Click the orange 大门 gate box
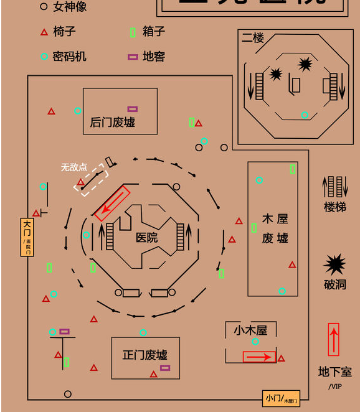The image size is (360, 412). click(x=27, y=236)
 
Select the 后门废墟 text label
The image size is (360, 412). click(x=112, y=122)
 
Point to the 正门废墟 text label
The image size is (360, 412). click(x=144, y=355)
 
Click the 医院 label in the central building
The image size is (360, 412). click(x=147, y=238)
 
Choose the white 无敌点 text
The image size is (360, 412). click(x=73, y=167)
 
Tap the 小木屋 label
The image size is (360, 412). click(x=250, y=330)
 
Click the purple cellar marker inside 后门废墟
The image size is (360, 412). click(x=133, y=109)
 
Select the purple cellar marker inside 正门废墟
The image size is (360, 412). click(x=165, y=368)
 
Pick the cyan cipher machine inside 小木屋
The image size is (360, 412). click(x=255, y=342)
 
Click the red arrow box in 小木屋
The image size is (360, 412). click(x=259, y=357)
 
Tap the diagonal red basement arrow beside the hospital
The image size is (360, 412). click(x=112, y=203)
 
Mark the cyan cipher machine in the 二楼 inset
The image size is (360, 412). click(x=305, y=115)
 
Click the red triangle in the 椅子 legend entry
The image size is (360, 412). click(x=44, y=32)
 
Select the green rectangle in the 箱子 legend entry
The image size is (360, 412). click(x=133, y=32)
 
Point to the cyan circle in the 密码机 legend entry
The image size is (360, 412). click(x=44, y=57)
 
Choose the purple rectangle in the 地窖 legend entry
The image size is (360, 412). click(x=133, y=57)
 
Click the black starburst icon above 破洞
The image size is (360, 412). click(x=334, y=265)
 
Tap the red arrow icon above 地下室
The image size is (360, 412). click(x=334, y=339)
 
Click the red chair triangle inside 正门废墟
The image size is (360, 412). click(x=153, y=374)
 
